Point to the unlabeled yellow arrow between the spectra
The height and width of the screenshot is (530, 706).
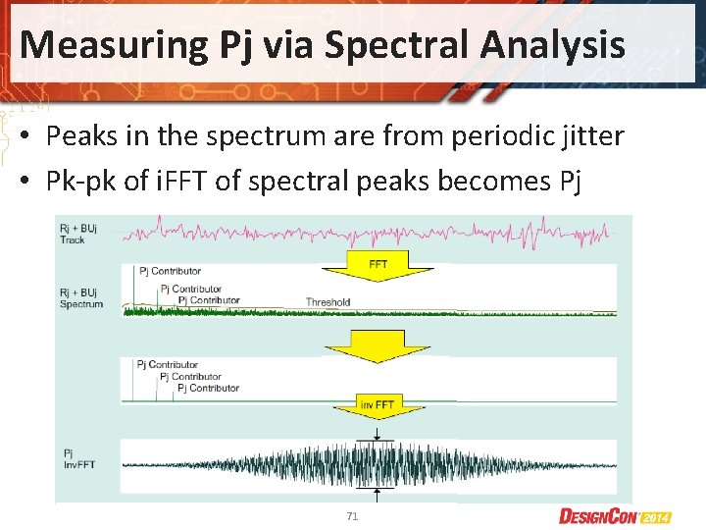378,343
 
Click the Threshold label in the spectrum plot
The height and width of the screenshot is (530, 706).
328,302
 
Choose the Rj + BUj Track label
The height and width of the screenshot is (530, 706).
77,233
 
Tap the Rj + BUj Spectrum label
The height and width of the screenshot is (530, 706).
80,297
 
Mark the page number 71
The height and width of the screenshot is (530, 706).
352,515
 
